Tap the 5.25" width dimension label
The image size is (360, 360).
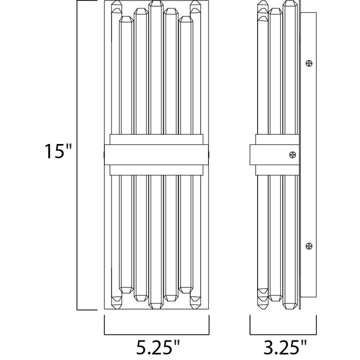pyautogui.click(x=157, y=347)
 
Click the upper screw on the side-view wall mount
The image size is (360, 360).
pyautogui.click(x=309, y=63)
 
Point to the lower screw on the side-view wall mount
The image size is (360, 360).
pyautogui.click(x=309, y=246)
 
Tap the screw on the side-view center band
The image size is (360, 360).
pyautogui.click(x=293, y=155)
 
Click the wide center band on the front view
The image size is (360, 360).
pyautogui.click(x=156, y=155)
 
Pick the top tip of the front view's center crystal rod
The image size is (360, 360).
pyautogui.click(x=156, y=1)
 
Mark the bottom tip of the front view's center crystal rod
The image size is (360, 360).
pyautogui.click(x=156, y=309)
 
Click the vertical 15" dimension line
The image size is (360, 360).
pyautogui.click(x=77, y=155)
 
